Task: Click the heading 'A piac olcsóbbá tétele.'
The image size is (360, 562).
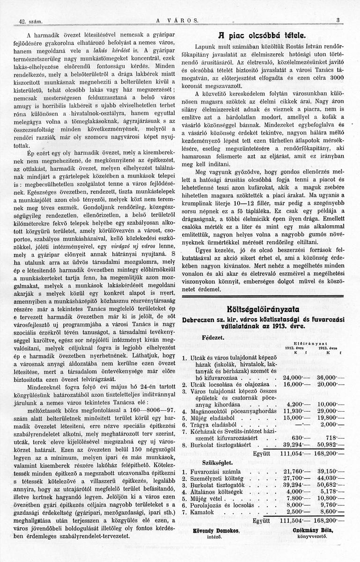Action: click(266, 35)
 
